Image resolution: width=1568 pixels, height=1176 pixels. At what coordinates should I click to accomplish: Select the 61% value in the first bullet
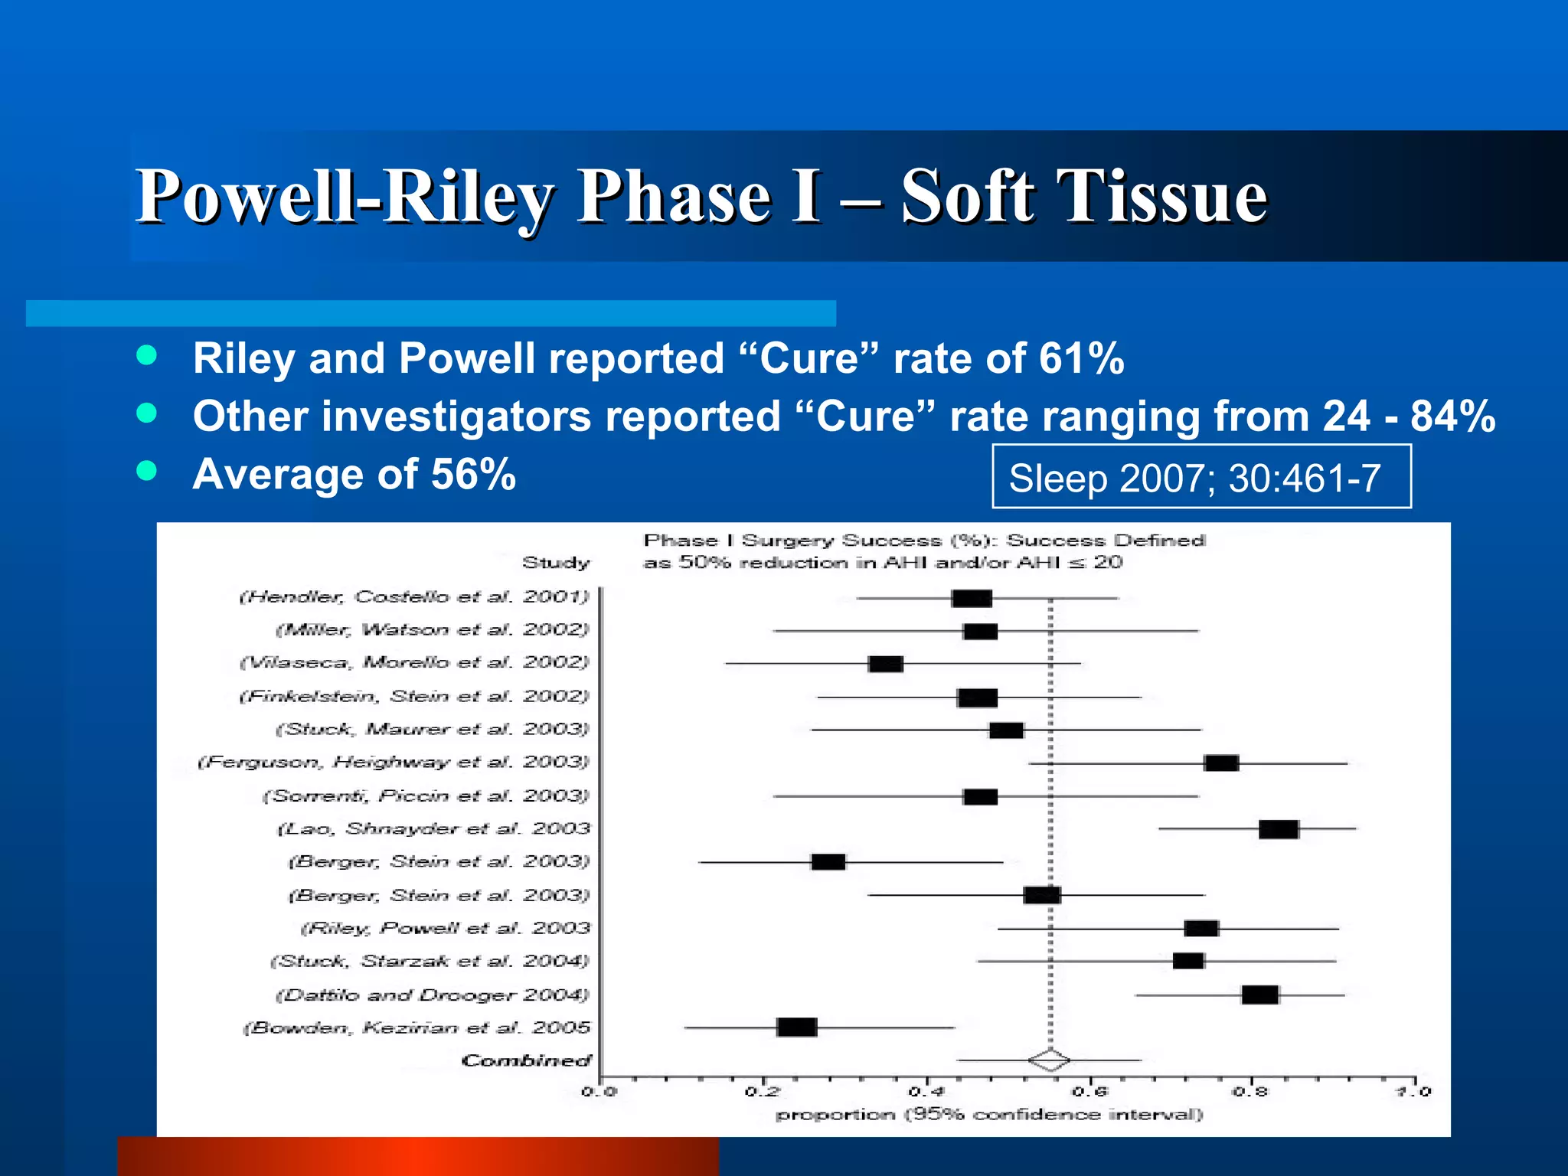point(1081,358)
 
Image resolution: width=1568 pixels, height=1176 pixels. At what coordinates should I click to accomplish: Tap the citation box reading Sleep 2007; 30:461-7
point(1200,477)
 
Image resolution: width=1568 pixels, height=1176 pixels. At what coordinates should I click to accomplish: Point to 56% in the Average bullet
point(473,474)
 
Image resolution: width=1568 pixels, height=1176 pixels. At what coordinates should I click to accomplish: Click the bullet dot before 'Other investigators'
point(146,414)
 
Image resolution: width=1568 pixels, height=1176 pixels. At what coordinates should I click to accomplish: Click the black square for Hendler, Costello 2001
point(972,598)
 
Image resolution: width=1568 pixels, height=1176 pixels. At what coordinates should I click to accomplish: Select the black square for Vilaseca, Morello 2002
point(886,664)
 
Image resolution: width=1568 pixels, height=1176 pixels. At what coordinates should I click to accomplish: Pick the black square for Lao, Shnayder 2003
point(1279,829)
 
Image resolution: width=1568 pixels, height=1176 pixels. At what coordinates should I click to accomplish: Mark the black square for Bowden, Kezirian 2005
point(796,1027)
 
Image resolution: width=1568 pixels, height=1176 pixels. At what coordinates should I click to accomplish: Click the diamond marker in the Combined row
point(1049,1060)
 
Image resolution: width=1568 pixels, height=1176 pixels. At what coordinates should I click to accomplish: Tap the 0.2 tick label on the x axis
point(763,1092)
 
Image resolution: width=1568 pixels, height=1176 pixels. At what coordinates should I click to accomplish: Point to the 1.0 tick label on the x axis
point(1413,1092)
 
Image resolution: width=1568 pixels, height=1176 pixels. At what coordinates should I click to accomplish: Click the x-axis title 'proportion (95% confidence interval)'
point(989,1115)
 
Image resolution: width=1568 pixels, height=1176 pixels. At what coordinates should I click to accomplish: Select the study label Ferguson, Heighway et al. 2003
point(394,763)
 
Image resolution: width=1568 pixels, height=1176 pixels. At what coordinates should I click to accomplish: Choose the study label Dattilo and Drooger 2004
point(433,995)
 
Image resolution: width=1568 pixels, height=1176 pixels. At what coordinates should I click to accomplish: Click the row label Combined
point(526,1061)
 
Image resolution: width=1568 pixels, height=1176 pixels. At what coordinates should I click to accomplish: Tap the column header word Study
point(556,563)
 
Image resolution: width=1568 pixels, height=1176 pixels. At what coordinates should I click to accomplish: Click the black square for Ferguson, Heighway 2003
point(1221,763)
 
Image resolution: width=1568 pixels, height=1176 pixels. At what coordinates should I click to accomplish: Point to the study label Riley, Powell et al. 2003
point(446,929)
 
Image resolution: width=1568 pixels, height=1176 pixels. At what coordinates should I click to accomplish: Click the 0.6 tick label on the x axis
point(1090,1092)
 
